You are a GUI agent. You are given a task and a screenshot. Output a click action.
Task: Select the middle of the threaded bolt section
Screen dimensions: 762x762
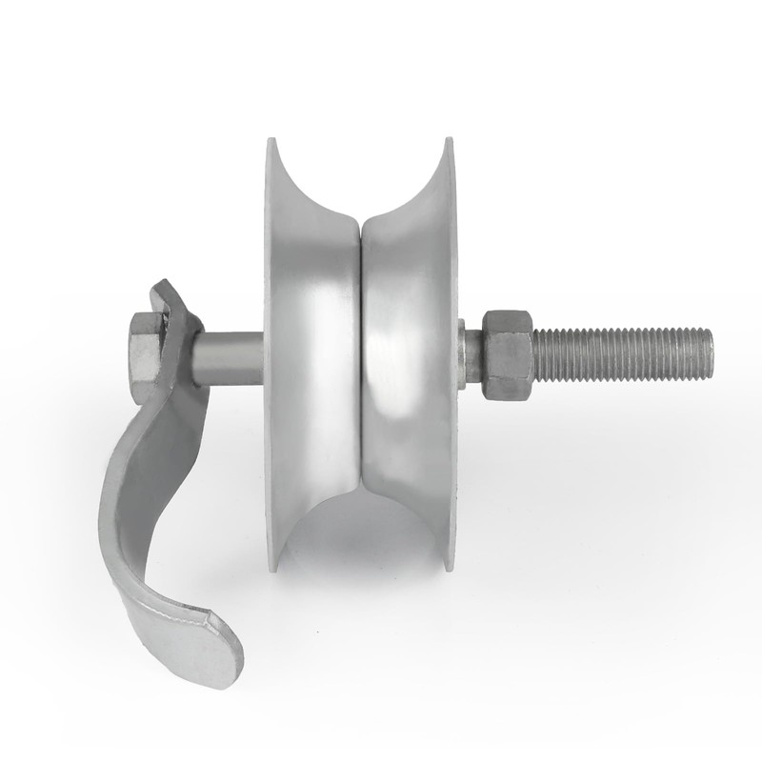(619, 353)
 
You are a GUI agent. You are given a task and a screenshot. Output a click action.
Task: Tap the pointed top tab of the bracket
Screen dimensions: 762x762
(161, 289)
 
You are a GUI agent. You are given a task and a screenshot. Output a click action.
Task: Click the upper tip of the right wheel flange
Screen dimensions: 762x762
(447, 143)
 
